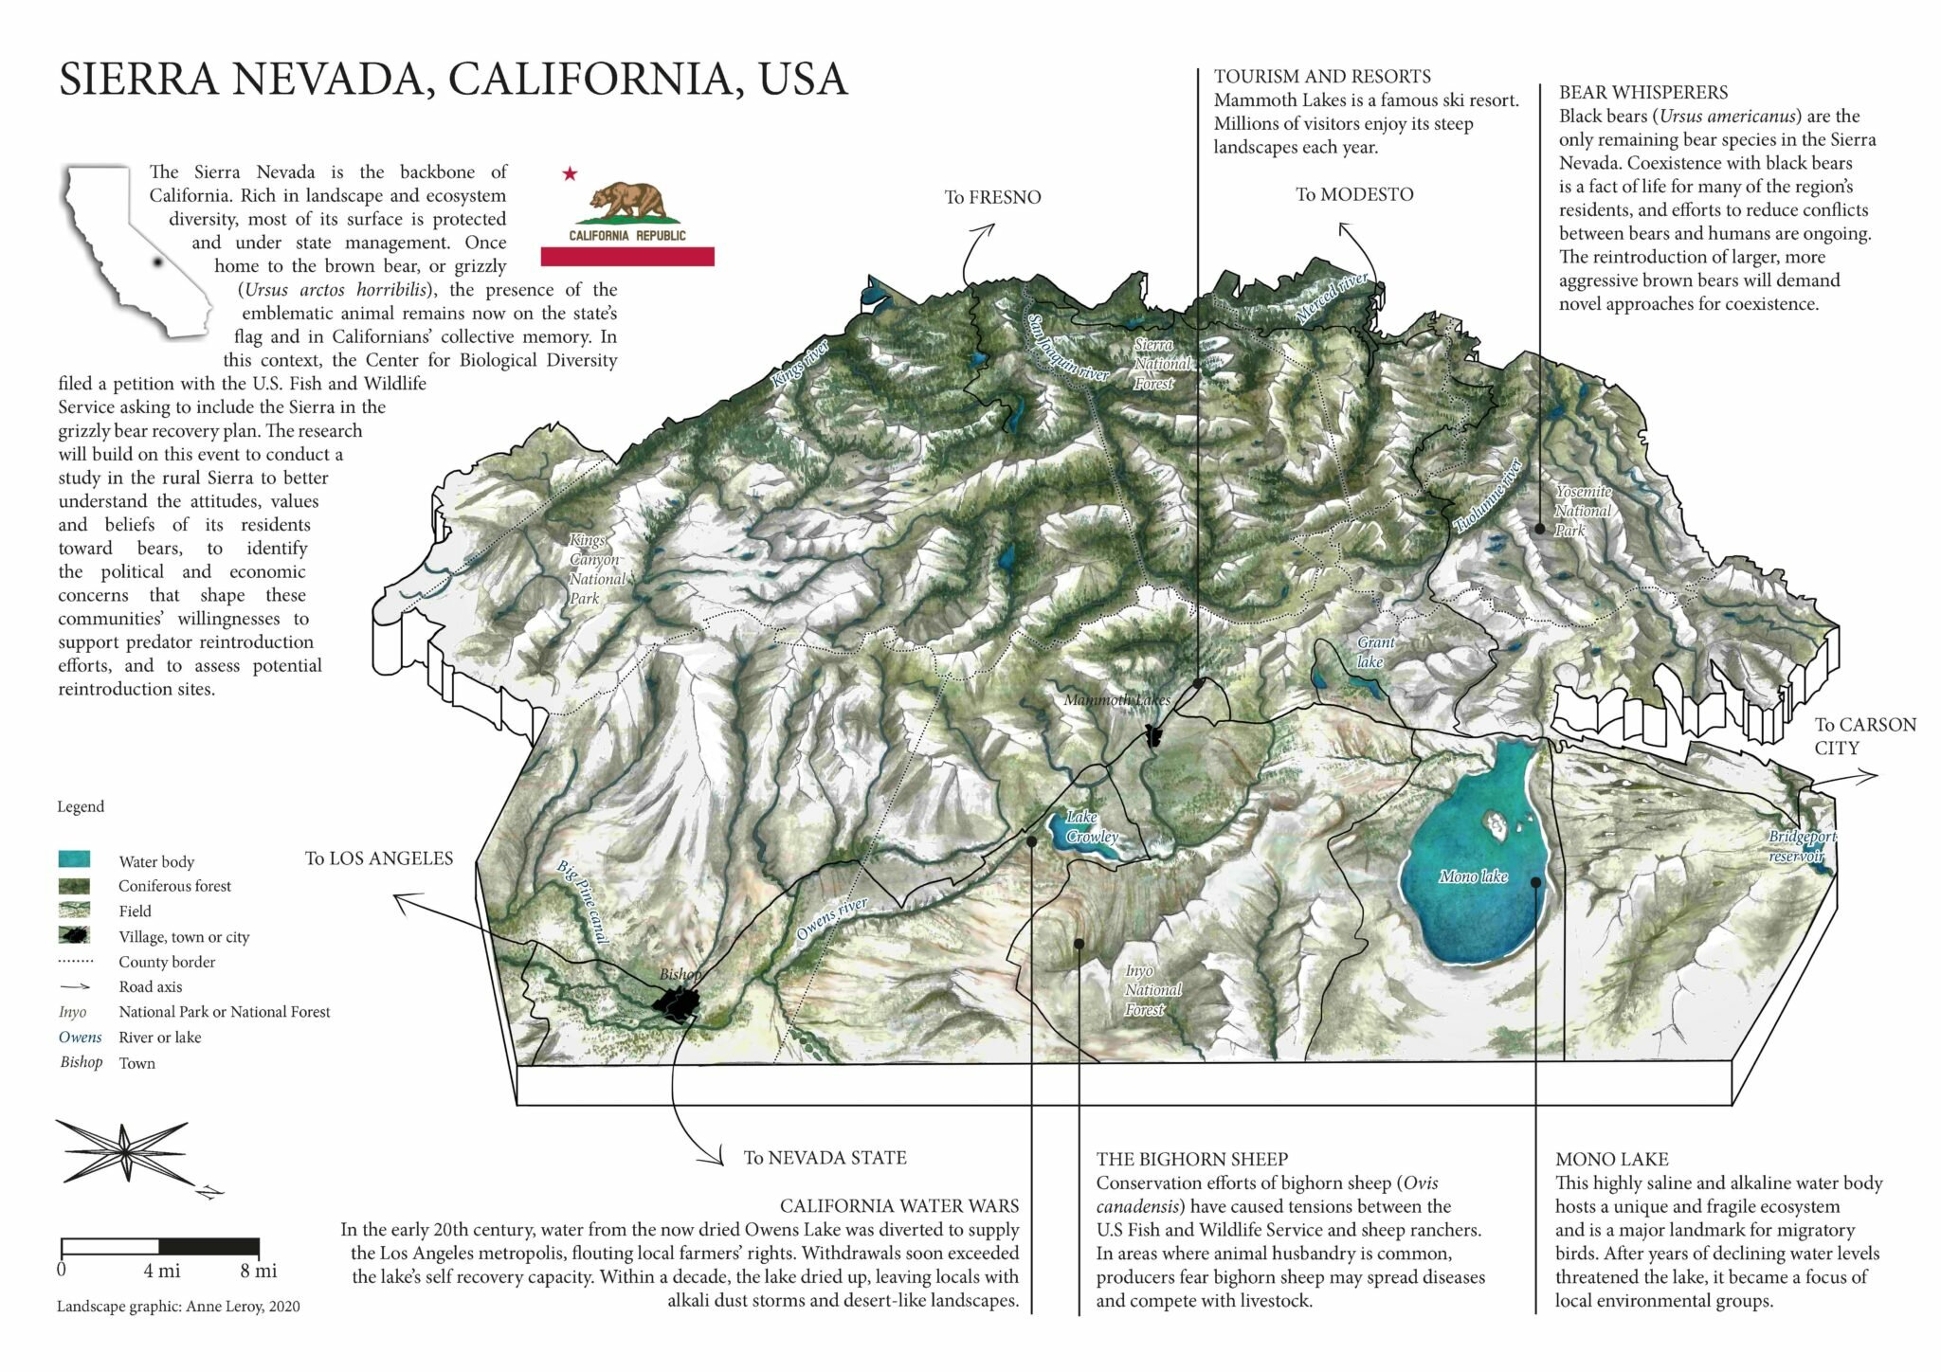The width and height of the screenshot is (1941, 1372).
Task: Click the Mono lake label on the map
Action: (1472, 876)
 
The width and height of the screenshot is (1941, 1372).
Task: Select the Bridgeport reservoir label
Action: (1800, 846)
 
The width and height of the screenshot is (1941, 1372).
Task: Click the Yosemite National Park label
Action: (1583, 511)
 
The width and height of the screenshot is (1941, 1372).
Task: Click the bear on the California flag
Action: (626, 201)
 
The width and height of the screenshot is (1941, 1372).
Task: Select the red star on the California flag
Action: (570, 173)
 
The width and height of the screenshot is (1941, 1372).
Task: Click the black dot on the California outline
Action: (156, 263)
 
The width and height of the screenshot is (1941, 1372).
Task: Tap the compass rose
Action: (124, 1151)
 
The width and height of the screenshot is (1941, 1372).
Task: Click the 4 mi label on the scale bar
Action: (162, 1271)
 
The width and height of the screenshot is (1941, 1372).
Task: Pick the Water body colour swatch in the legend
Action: (74, 860)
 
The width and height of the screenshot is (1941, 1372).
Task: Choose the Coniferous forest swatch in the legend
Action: (74, 886)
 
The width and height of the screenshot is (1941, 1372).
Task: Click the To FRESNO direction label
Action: (992, 197)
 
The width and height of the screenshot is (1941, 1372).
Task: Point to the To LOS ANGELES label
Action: (378, 858)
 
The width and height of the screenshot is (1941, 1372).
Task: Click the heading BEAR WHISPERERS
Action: (1642, 92)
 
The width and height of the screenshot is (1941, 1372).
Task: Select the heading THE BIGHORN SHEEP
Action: (1191, 1159)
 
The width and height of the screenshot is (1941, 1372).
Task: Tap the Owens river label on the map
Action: (831, 919)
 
